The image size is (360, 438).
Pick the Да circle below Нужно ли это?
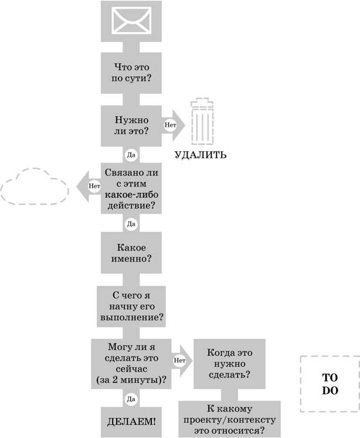131,155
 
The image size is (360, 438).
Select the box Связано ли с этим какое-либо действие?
131,189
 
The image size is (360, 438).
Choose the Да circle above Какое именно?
131,223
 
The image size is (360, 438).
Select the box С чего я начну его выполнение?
131,305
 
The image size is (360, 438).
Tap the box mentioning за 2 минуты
131,364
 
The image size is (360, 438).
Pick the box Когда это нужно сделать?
229,364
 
